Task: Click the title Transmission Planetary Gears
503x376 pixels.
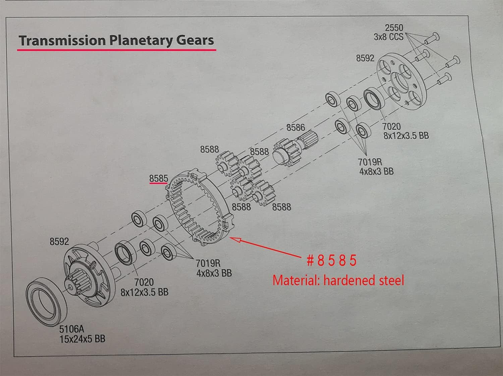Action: click(x=116, y=40)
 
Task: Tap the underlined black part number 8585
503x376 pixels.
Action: click(x=158, y=179)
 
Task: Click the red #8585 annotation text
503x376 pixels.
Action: click(x=331, y=260)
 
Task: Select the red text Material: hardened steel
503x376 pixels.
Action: click(x=338, y=280)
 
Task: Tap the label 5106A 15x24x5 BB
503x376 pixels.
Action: click(x=82, y=334)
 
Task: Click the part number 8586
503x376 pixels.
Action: click(x=295, y=127)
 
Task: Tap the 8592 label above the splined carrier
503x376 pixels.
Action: click(x=59, y=241)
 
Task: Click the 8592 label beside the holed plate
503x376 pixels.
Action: click(x=365, y=58)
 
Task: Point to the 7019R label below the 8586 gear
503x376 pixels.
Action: click(x=376, y=167)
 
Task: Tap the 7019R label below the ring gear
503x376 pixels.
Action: click(x=214, y=268)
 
